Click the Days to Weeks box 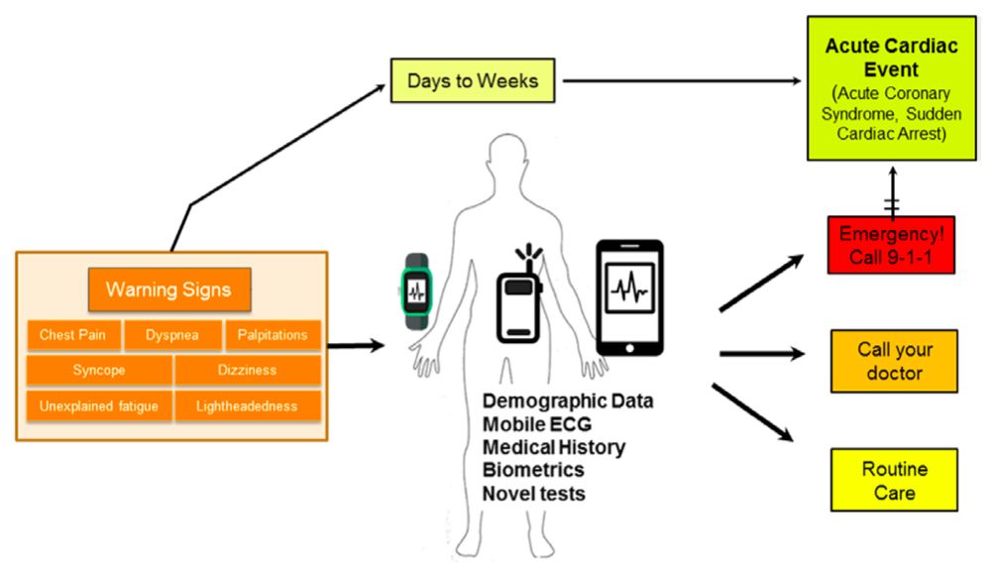pyautogui.click(x=474, y=80)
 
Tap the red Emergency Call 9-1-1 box pyautogui.click(x=891, y=245)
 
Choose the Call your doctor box pyautogui.click(x=894, y=361)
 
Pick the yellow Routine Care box pyautogui.click(x=894, y=480)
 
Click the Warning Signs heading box pyautogui.click(x=168, y=289)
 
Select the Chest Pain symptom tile pyautogui.click(x=72, y=335)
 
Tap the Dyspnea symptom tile pyautogui.click(x=172, y=335)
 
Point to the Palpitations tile pyautogui.click(x=273, y=335)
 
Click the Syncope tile pyautogui.click(x=99, y=371)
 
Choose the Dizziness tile pyautogui.click(x=247, y=371)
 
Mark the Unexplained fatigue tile pyautogui.click(x=99, y=406)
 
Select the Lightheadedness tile pyautogui.click(x=249, y=406)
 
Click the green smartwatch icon pyautogui.click(x=417, y=293)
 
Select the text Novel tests pyautogui.click(x=534, y=493)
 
